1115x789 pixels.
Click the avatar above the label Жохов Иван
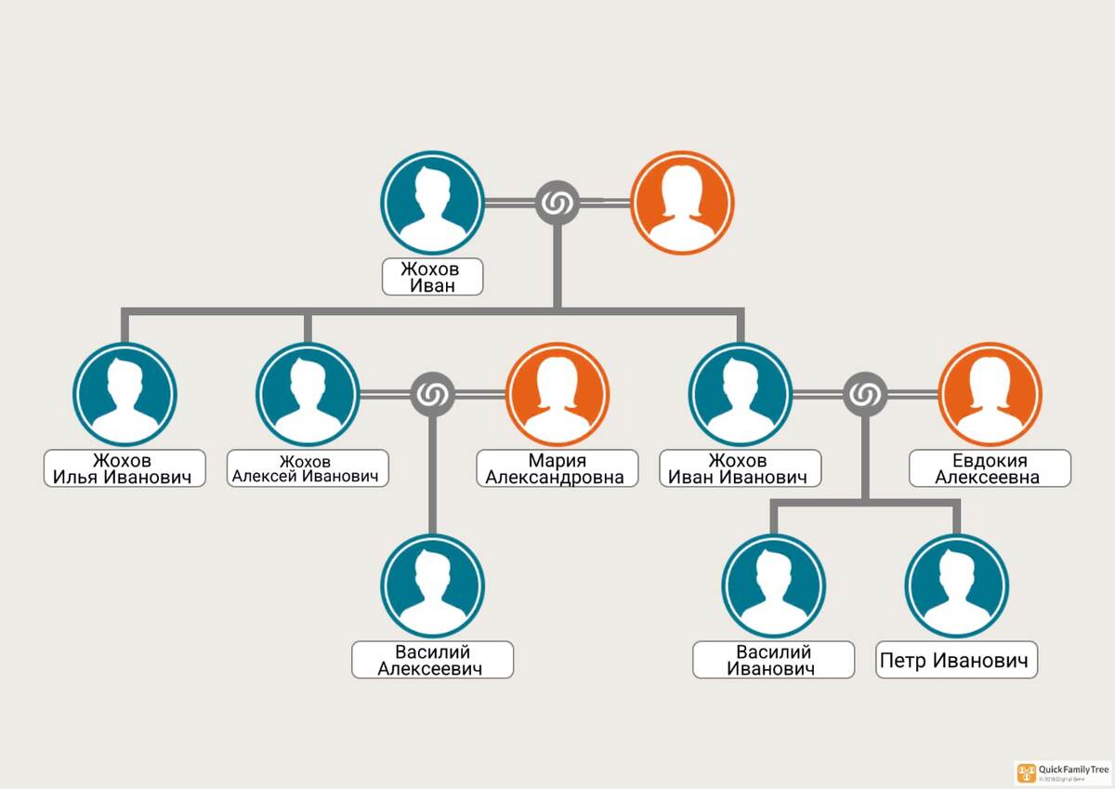[432, 203]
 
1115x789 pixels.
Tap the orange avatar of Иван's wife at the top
[682, 203]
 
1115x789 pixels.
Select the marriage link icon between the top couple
[557, 203]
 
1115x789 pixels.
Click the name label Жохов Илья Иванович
[125, 469]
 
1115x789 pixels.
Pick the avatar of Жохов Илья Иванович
[125, 394]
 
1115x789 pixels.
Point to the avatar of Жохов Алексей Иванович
[308, 394]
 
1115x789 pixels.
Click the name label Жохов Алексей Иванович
[308, 469]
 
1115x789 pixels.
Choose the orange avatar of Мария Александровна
[557, 394]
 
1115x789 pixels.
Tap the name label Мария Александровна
[557, 469]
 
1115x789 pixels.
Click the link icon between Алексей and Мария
[432, 395]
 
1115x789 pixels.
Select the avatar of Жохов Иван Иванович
[741, 394]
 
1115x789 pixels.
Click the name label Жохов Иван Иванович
[741, 469]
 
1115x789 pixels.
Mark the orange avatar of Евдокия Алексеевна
[990, 394]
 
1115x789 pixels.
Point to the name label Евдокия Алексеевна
[990, 469]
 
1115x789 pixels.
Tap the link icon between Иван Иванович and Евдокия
[865, 395]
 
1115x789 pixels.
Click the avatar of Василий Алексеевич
[432, 585]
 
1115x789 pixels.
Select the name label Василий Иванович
[773, 660]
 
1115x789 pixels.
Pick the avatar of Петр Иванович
[956, 585]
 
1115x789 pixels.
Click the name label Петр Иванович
[956, 661]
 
